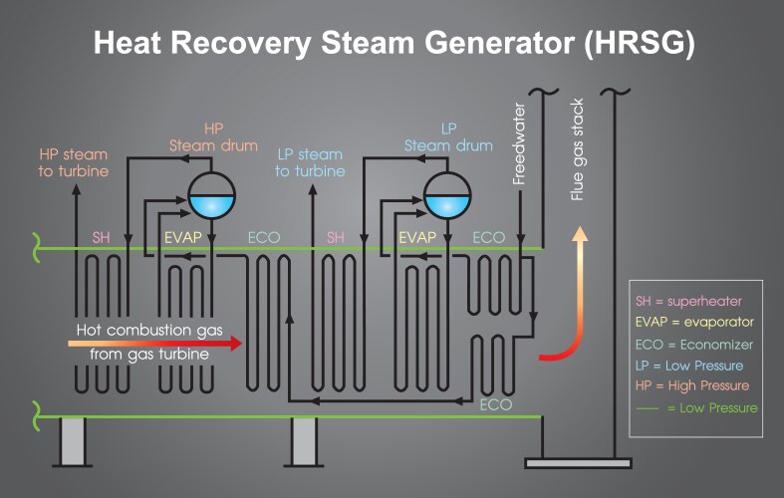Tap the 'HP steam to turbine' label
74,162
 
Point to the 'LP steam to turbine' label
310,162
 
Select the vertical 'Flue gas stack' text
577,149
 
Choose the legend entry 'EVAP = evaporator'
694,323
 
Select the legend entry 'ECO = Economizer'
694,345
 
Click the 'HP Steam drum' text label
213,137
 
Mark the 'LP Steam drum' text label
448,137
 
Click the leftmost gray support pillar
71,441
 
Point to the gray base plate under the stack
573,462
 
